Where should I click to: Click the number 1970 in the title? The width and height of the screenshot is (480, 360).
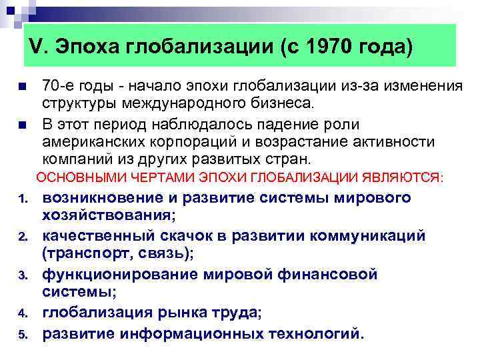[x=332, y=47]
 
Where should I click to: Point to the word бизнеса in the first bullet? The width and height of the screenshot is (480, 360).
[x=280, y=104]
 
